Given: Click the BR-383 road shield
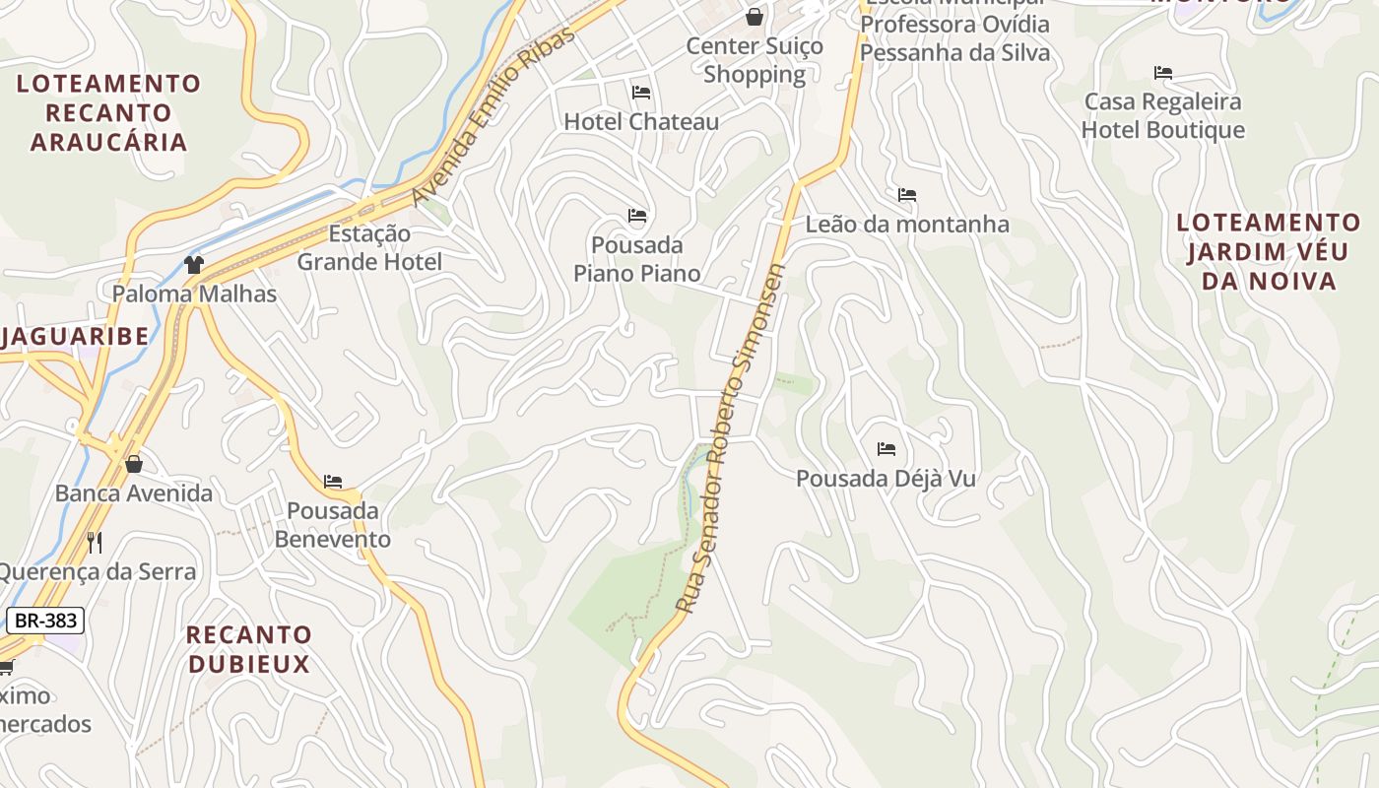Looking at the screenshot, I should pyautogui.click(x=44, y=621).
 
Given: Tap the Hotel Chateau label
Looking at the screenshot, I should pyautogui.click(x=641, y=122).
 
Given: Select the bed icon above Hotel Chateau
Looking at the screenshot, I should pyautogui.click(x=641, y=93).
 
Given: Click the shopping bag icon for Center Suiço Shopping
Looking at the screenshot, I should pyautogui.click(x=754, y=17).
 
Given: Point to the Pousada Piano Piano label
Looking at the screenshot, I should pyautogui.click(x=637, y=259).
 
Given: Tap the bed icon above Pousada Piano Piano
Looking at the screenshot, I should pyautogui.click(x=637, y=216).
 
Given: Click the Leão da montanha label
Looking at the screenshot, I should pyautogui.click(x=907, y=225).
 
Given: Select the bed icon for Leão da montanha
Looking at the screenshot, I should pyautogui.click(x=907, y=195).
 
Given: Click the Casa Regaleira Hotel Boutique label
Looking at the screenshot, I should pyautogui.click(x=1163, y=116).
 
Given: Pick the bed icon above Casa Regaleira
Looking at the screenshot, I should pyautogui.click(x=1163, y=73).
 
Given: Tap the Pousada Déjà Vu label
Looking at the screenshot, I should pyautogui.click(x=886, y=479).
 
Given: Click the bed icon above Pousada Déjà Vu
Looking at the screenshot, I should pyautogui.click(x=886, y=449).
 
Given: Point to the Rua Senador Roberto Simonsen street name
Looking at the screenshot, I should pyautogui.click(x=731, y=438).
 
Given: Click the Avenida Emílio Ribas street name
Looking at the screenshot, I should pyautogui.click(x=492, y=116).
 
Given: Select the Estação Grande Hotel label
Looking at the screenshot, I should pyautogui.click(x=369, y=248).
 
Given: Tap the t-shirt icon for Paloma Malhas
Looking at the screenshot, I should pyautogui.click(x=194, y=264).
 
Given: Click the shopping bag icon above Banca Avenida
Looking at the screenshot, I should pyautogui.click(x=134, y=464).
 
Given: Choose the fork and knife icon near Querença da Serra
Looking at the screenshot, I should pyautogui.click(x=95, y=542).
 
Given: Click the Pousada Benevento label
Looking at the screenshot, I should pyautogui.click(x=333, y=525).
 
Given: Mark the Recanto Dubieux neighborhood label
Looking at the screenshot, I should pyautogui.click(x=249, y=649).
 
